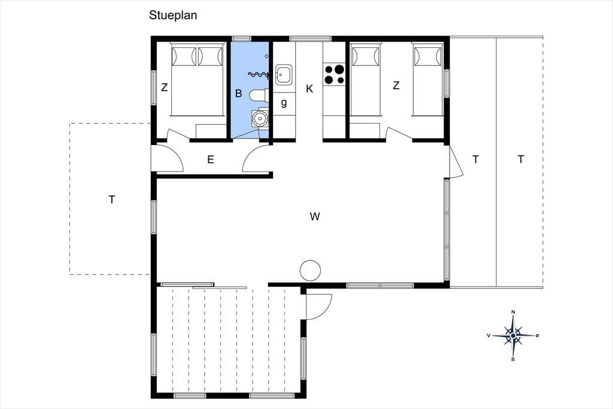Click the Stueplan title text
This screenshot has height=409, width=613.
pyautogui.click(x=173, y=16)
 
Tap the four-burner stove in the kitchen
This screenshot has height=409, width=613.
pyautogui.click(x=335, y=74)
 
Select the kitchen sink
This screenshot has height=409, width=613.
pyautogui.click(x=284, y=74)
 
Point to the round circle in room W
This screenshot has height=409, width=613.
pyautogui.click(x=311, y=270)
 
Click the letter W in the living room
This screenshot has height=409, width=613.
pyautogui.click(x=315, y=216)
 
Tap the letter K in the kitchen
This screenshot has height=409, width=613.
pyautogui.click(x=309, y=89)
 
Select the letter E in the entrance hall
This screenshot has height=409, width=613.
pyautogui.click(x=211, y=160)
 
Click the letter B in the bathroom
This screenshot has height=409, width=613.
pyautogui.click(x=238, y=93)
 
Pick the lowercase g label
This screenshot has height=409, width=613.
pyautogui.click(x=284, y=103)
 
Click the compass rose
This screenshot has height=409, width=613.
pyautogui.click(x=513, y=335)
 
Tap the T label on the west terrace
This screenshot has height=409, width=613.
pyautogui.click(x=112, y=200)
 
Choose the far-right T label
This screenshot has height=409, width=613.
pyautogui.click(x=521, y=160)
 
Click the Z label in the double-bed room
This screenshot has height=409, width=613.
pyautogui.click(x=165, y=87)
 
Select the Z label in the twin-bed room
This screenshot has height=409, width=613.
pyautogui.click(x=396, y=85)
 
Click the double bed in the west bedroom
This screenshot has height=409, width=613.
pyautogui.click(x=198, y=80)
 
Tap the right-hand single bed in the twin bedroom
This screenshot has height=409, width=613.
pyautogui.click(x=427, y=80)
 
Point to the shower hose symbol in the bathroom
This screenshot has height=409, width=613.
pyautogui.click(x=259, y=74)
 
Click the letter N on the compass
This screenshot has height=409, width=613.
pyautogui.click(x=513, y=312)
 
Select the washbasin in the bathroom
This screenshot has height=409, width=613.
pyautogui.click(x=259, y=118)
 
